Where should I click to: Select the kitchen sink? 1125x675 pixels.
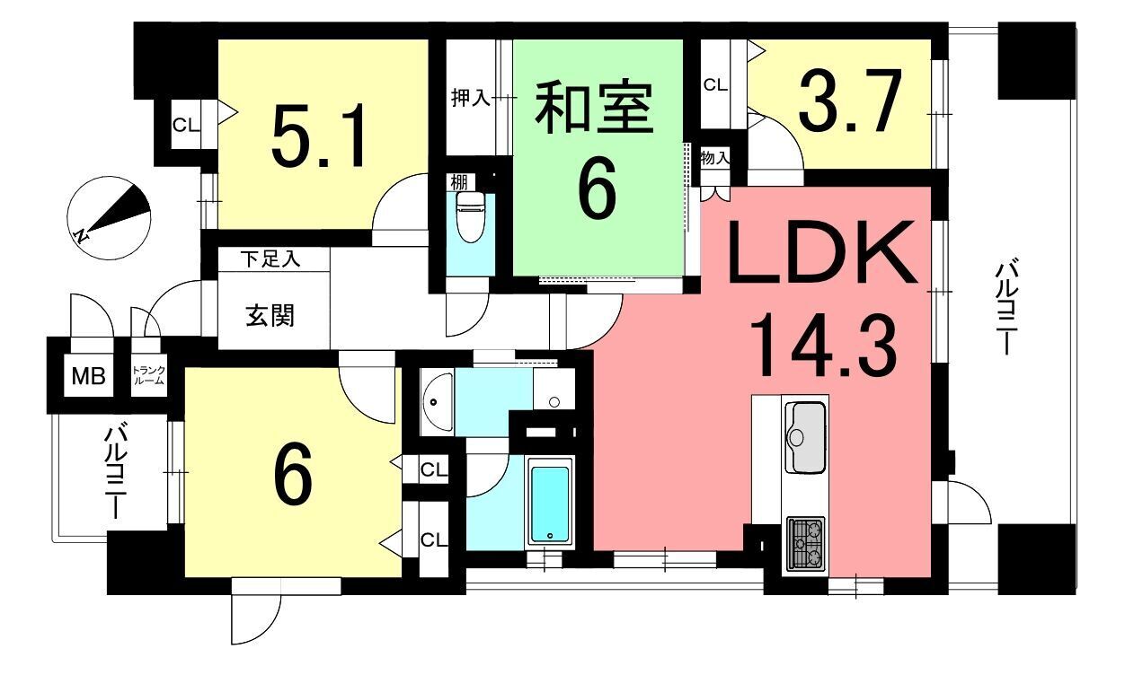click(804, 437)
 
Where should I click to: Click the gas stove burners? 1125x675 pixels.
click(806, 544)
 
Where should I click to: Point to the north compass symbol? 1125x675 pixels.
click(109, 218)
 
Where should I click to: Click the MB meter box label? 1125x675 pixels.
click(88, 376)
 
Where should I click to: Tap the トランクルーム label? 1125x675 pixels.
click(148, 375)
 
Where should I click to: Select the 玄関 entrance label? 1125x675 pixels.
click(270, 316)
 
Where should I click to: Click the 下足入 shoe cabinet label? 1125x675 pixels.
click(270, 259)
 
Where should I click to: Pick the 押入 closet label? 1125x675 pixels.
click(470, 97)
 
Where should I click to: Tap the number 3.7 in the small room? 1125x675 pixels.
click(847, 103)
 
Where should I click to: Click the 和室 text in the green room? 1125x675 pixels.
click(593, 107)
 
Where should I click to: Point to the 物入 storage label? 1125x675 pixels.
click(714, 159)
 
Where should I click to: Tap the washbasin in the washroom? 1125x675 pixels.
click(437, 401)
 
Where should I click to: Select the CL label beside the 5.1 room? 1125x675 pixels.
click(186, 126)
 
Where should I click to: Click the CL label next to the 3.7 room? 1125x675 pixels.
click(715, 85)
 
